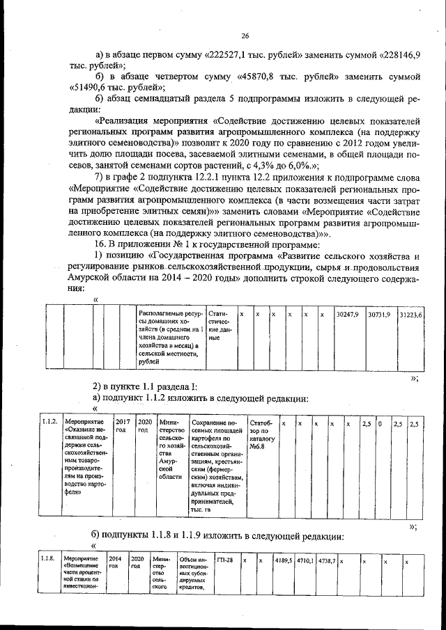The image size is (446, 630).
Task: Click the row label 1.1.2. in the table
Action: tap(49, 422)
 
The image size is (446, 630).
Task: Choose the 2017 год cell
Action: tap(123, 426)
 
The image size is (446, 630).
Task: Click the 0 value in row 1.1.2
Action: tap(380, 423)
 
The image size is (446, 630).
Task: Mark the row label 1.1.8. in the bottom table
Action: tap(49, 559)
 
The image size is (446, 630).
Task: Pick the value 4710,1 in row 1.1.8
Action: tap(305, 560)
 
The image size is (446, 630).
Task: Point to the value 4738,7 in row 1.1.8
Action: tap(326, 560)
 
